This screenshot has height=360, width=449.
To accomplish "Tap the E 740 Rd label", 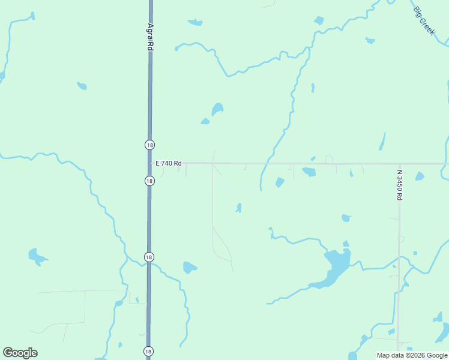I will [x=168, y=163].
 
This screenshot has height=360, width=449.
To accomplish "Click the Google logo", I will [x=20, y=353].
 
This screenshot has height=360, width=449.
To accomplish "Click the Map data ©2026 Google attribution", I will [x=412, y=355].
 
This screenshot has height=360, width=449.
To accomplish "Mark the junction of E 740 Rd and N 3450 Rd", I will [x=399, y=164].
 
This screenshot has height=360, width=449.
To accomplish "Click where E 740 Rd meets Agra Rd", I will [x=149, y=163].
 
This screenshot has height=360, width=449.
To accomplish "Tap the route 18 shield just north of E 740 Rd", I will [x=149, y=145].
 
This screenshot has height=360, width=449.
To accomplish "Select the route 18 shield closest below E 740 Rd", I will [x=149, y=181].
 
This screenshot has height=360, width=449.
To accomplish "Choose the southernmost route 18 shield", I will [x=148, y=351].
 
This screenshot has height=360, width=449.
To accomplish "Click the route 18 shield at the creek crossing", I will [x=149, y=257].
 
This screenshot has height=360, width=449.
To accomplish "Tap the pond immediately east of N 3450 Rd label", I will [x=419, y=176].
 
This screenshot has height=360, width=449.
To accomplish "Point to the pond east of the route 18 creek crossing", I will [x=190, y=267].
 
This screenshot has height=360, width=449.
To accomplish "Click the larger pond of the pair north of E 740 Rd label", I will [x=217, y=109].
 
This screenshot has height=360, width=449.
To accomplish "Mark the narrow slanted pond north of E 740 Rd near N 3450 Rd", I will [x=382, y=142].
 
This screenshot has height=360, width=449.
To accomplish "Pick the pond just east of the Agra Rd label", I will [x=194, y=23].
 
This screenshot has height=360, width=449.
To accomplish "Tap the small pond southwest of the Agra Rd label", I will [x=82, y=86].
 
